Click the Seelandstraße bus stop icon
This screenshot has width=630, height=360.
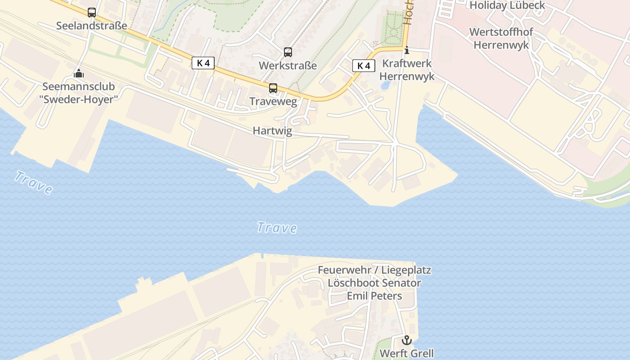[x=92, y=13]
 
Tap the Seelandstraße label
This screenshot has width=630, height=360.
[x=91, y=26]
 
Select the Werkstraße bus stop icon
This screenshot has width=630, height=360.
[x=288, y=52]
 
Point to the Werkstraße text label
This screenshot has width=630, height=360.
[x=288, y=66]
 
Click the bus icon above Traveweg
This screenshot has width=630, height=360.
[x=273, y=88]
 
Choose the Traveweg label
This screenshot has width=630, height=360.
[x=273, y=101]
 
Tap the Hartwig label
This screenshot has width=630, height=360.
[x=272, y=131]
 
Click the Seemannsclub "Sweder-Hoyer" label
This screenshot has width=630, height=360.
[x=79, y=93]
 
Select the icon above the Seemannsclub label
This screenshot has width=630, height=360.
[x=79, y=73]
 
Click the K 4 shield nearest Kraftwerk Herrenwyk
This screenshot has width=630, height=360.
[x=364, y=66]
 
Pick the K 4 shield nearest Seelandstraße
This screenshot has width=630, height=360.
[x=203, y=63]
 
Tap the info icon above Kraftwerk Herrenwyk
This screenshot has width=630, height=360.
[x=407, y=50]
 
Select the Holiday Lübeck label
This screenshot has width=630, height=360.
[x=507, y=5]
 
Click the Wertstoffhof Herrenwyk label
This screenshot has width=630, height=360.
[x=501, y=39]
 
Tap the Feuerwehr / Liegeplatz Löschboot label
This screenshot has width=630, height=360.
[x=374, y=283]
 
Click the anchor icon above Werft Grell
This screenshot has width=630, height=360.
[x=407, y=340]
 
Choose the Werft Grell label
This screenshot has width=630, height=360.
[x=407, y=353]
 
